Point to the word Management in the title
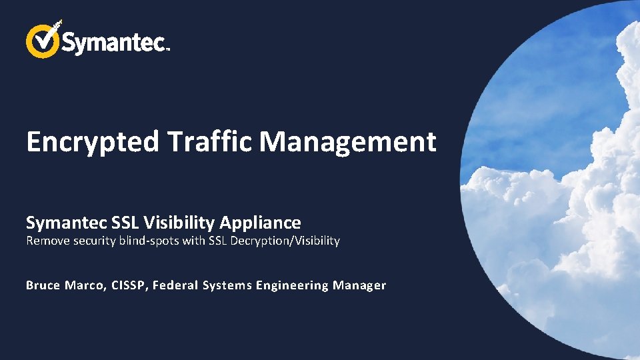point(347,142)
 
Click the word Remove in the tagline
point(48,241)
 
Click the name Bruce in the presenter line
point(43,285)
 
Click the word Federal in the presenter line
point(175,285)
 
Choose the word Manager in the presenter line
point(359,285)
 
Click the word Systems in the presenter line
point(227,285)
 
